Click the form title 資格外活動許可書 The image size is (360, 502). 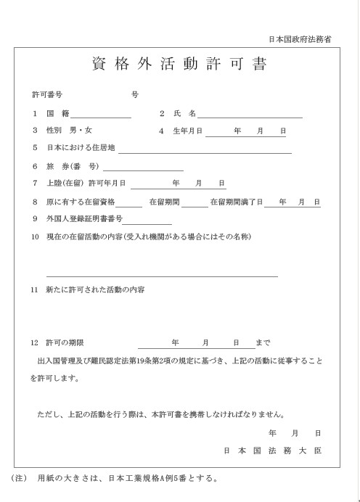click(180, 65)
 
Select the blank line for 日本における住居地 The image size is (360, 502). click(205, 152)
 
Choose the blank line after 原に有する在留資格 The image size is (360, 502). click(129, 205)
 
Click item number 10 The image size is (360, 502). click(34, 237)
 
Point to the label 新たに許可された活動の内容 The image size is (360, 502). click(94, 289)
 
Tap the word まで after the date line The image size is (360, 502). click(263, 342)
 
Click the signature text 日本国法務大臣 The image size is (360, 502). click(273, 450)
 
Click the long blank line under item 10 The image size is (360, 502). click(162, 276)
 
